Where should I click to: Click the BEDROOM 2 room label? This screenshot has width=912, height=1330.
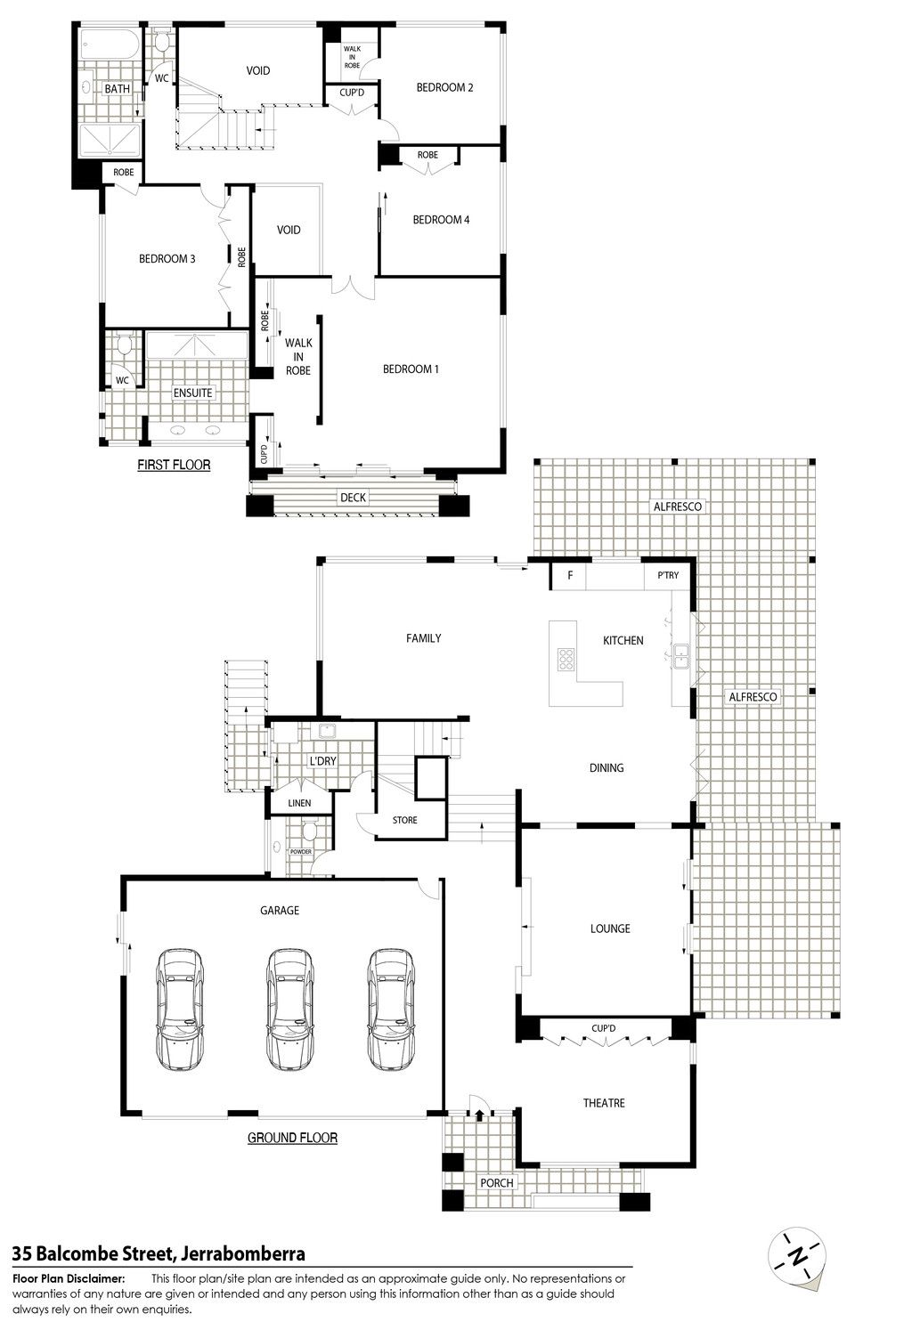pos(444,87)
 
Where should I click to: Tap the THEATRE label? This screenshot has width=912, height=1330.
pos(604,1103)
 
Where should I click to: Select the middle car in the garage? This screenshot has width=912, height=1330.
pos(289,1009)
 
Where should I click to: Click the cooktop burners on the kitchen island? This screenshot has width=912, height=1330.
pos(566,659)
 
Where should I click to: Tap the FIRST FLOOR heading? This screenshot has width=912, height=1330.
pos(174,465)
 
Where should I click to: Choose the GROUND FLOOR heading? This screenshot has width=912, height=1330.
pos(292,1138)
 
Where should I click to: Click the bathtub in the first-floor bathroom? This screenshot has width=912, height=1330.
pos(110,45)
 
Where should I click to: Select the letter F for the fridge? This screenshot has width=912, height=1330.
pos(570,575)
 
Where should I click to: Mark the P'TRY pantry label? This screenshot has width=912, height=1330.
pos(668,575)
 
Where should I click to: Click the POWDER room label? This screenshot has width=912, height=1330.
pos(301,851)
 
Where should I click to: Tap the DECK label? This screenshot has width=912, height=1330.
pos(353,497)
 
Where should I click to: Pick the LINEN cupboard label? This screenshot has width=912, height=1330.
pos(299,803)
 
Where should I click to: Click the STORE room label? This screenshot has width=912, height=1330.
pos(404,820)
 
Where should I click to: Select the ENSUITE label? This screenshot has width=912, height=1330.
pos(192,393)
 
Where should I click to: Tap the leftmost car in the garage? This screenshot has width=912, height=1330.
pos(179,1009)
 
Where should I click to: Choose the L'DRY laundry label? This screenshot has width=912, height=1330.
pos(322,760)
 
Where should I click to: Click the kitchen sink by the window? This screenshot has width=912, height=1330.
pos(680,656)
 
